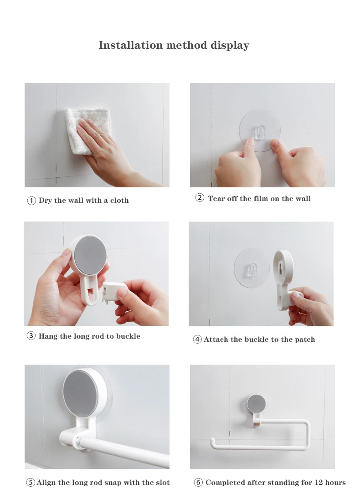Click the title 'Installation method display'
[174, 45]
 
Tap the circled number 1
[31, 201]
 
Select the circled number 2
[200, 198]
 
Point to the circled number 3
[31, 336]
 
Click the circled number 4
[197, 339]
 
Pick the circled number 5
[30, 483]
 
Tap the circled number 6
[198, 483]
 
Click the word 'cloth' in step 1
[119, 200]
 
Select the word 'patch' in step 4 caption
[305, 339]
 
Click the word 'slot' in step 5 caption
[163, 483]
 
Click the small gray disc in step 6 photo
[257, 403]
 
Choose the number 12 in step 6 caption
[319, 483]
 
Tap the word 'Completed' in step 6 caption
[226, 483]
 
